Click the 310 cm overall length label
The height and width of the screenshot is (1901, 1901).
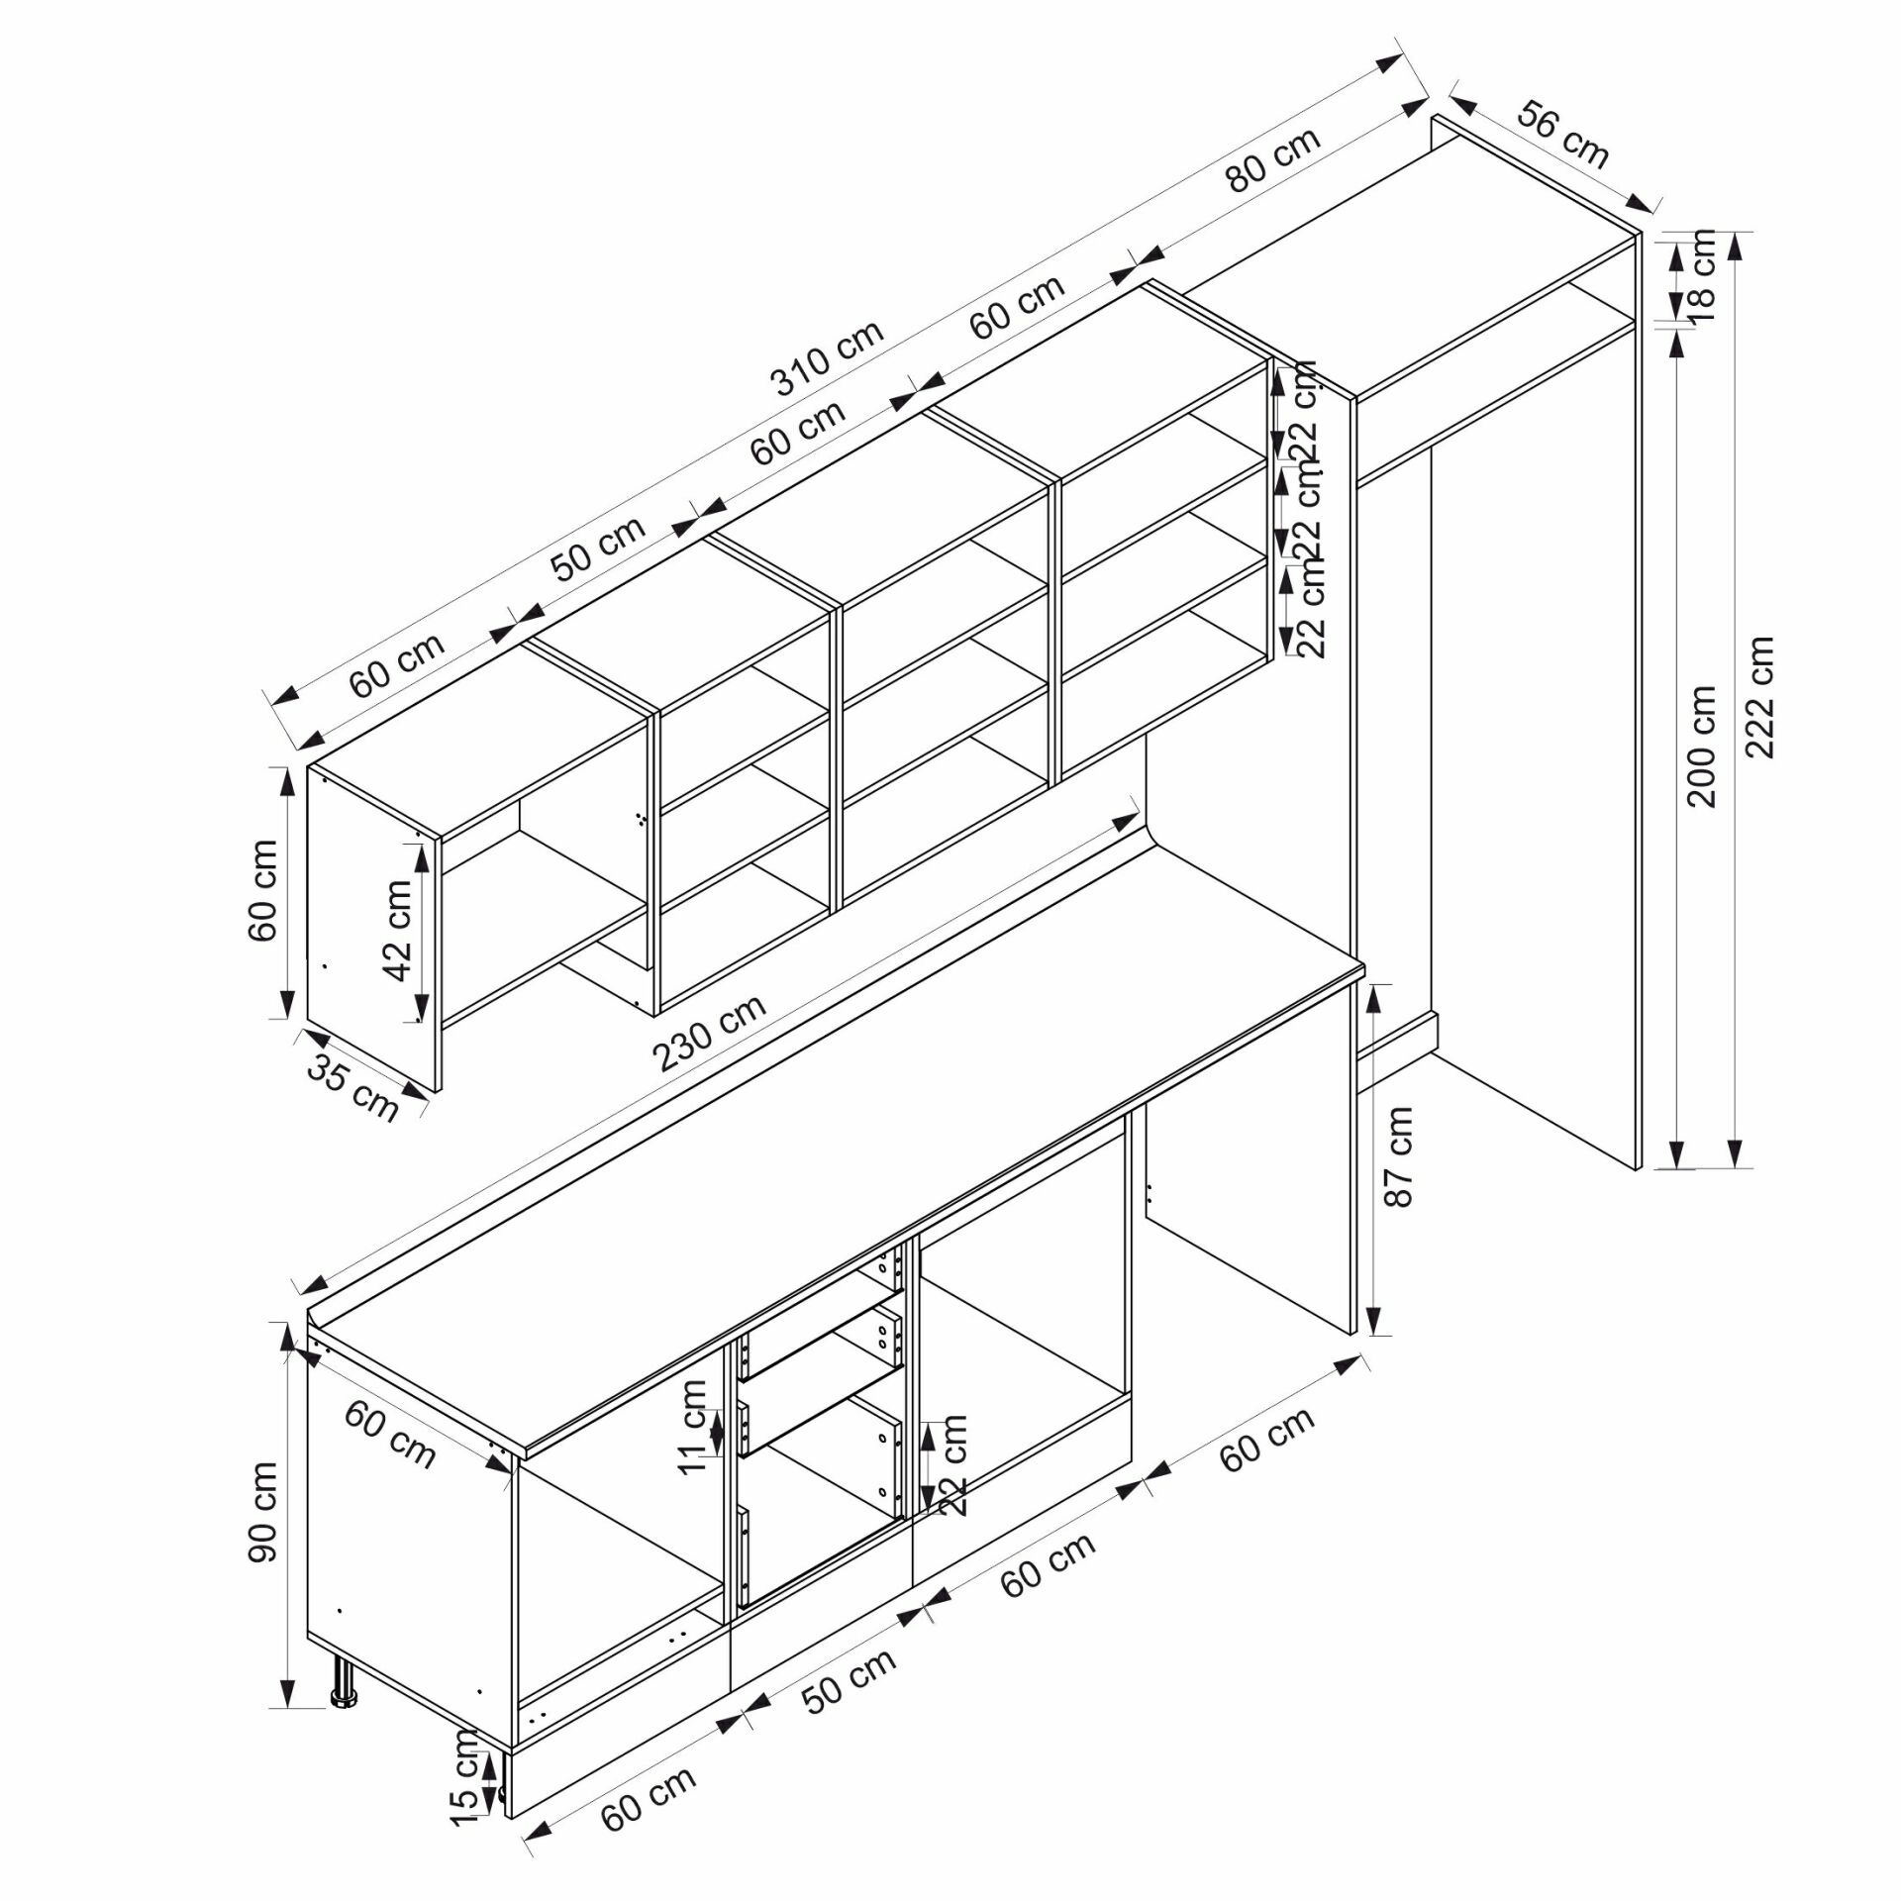coord(828,358)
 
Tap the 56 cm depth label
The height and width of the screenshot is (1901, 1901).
coord(1564,134)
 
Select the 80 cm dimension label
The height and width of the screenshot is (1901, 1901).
coord(1273,159)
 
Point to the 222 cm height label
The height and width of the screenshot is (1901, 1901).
coord(1759,697)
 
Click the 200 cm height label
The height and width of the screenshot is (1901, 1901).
coord(1702,747)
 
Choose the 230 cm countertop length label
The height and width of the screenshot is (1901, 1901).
coord(711,1032)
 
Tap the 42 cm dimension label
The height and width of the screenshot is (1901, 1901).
coord(398,930)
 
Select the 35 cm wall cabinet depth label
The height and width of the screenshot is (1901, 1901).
coord(353,1088)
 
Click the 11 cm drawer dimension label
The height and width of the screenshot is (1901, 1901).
coord(693,1427)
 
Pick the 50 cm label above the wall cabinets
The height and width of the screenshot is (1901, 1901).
coord(597,548)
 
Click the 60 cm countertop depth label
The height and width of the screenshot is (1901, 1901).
coord(390,1435)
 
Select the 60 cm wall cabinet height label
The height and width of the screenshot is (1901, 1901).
coord(264,890)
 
